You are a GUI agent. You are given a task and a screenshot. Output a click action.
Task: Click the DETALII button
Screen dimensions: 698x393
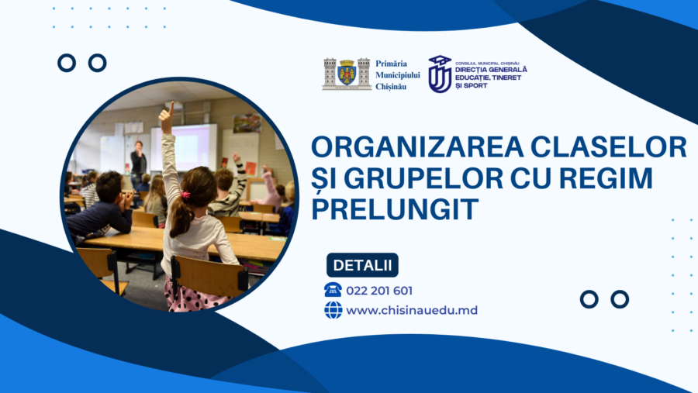[x=362, y=265]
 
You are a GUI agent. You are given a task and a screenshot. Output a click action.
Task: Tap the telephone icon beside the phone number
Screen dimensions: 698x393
[x=333, y=290]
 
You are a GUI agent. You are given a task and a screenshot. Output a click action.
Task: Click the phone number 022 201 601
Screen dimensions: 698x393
[x=379, y=291]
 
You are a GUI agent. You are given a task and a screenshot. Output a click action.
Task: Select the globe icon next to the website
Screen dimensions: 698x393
[x=333, y=310]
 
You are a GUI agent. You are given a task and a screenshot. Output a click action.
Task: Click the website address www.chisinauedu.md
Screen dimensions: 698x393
[x=412, y=310]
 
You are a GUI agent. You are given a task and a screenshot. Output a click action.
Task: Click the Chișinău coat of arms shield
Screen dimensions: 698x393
[x=347, y=74]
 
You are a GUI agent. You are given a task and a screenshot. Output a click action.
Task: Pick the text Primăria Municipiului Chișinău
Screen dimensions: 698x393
[x=397, y=74]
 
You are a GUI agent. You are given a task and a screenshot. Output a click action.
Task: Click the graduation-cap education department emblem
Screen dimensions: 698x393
[x=440, y=74]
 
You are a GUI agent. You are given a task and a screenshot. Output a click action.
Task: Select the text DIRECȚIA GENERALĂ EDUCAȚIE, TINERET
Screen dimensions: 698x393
[x=491, y=74]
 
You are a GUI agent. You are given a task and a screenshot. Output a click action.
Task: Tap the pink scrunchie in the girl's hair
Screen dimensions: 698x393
[x=185, y=194]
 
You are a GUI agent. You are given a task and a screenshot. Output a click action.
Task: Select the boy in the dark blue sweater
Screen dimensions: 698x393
[x=101, y=209]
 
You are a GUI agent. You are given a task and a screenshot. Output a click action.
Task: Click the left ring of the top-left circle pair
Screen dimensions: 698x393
[x=67, y=63]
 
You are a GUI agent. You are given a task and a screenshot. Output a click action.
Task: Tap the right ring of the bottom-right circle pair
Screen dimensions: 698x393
[x=619, y=299]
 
